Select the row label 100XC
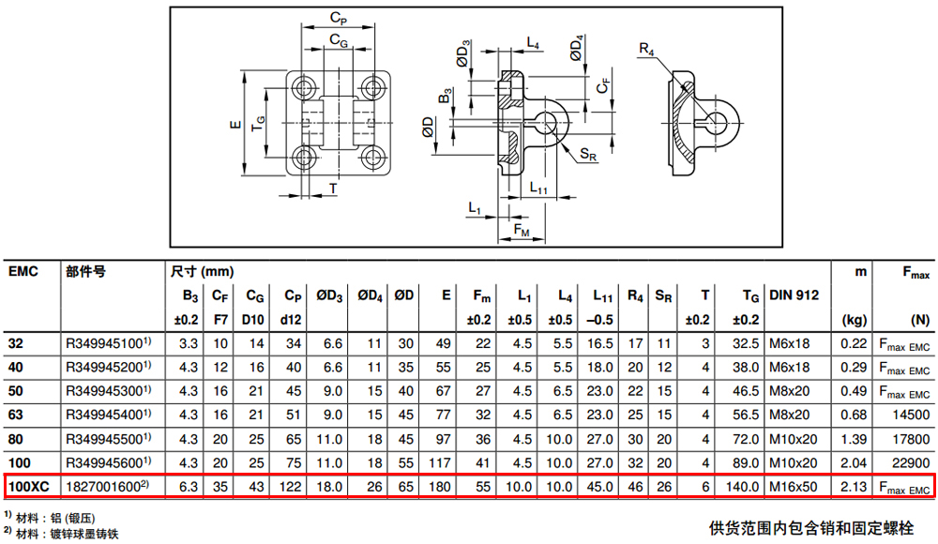click(x=28, y=487)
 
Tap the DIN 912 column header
click(x=794, y=295)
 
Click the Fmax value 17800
click(x=911, y=439)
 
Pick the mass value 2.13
click(x=853, y=487)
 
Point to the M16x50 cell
click(x=793, y=487)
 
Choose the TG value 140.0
click(x=742, y=487)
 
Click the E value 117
click(x=440, y=463)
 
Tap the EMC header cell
click(x=23, y=272)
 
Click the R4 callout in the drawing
click(x=646, y=49)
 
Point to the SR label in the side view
click(x=589, y=155)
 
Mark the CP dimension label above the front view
click(x=339, y=19)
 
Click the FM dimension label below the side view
click(x=522, y=231)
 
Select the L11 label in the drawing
click(x=538, y=188)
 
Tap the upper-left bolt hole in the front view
click(x=304, y=88)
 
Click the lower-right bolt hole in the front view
click(x=373, y=159)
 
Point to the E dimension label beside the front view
click(x=235, y=125)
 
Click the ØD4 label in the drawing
click(x=576, y=48)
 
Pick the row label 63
click(x=16, y=416)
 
